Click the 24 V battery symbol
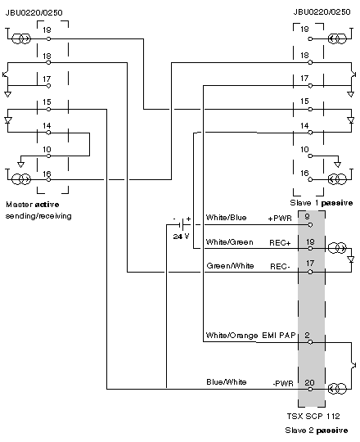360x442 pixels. pyautogui.click(x=182, y=224)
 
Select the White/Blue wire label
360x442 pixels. pyautogui.click(x=226, y=218)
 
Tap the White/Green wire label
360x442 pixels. pyautogui.click(x=230, y=242)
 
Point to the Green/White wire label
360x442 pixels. pyautogui.click(x=230, y=266)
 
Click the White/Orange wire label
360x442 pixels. pyautogui.click(x=232, y=336)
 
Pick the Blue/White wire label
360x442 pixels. pyautogui.click(x=227, y=382)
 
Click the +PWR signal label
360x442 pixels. pyautogui.click(x=280, y=219)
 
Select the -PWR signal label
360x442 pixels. pyautogui.click(x=283, y=383)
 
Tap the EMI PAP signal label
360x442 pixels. pyautogui.click(x=279, y=335)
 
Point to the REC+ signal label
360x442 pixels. pyautogui.click(x=280, y=243)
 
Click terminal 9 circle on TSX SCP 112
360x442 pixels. pyautogui.click(x=310, y=225)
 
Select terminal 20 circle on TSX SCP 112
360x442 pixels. pyautogui.click(x=310, y=390)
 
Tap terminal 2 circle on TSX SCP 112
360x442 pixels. pyautogui.click(x=310, y=342)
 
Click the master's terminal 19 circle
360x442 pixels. pyautogui.click(x=48, y=39)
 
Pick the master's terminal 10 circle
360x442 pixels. pyautogui.click(x=48, y=156)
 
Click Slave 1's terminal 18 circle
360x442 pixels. pyautogui.click(x=310, y=62)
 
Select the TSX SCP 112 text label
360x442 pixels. pyautogui.click(x=313, y=416)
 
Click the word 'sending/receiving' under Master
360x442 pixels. pyautogui.click(x=38, y=216)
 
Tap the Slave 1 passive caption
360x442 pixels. pyautogui.click(x=322, y=203)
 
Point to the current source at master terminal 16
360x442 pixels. pyautogui.click(x=21, y=179)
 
